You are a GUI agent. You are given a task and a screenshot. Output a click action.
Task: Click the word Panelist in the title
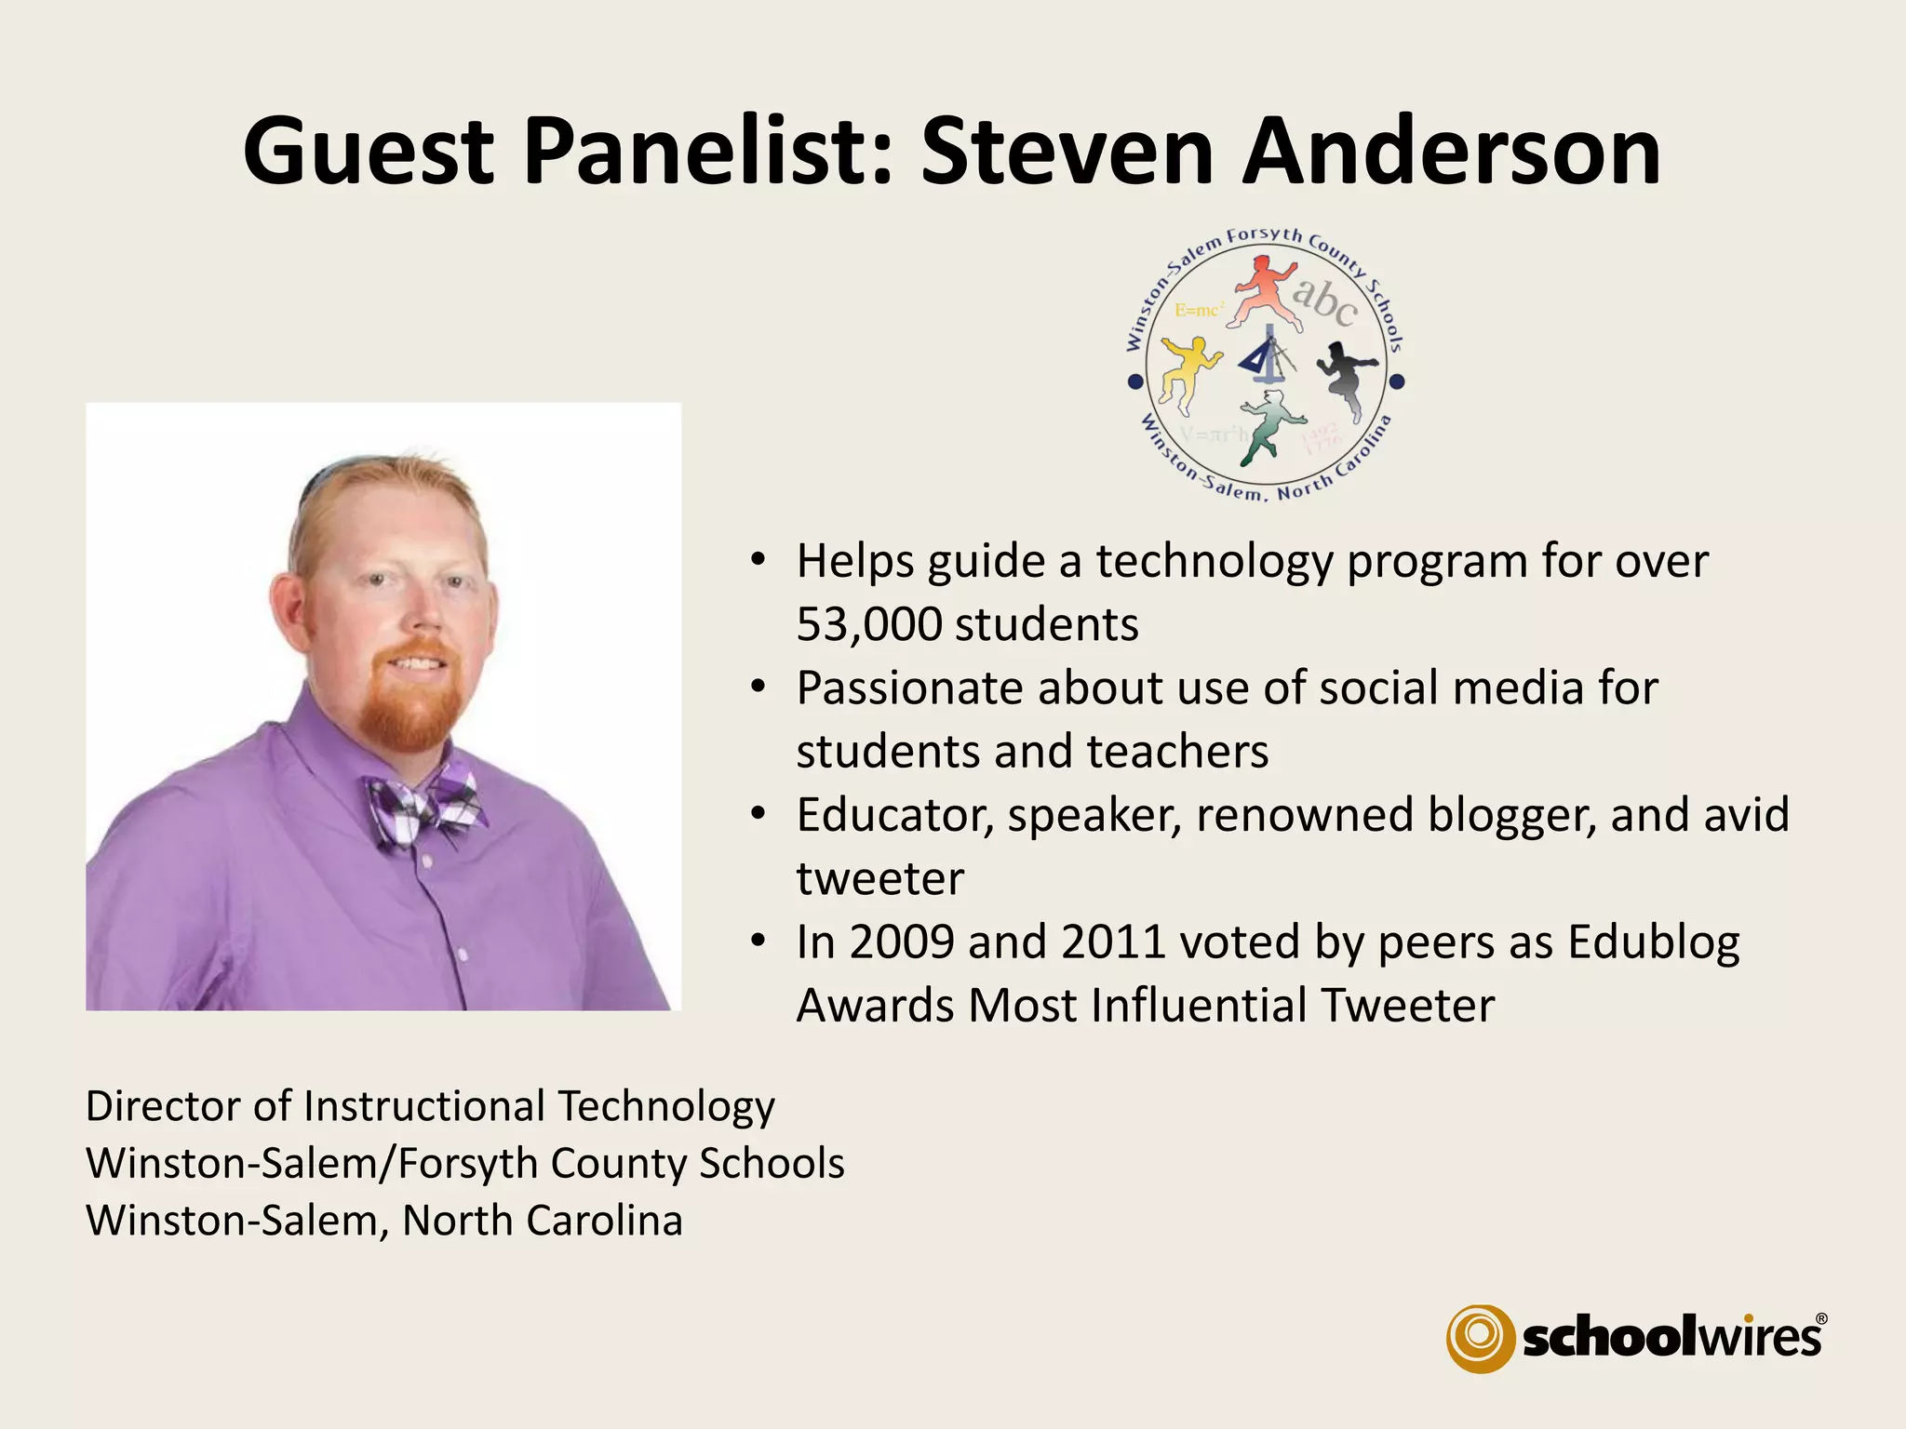pyautogui.click(x=705, y=151)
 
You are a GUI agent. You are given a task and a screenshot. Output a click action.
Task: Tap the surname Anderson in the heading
pyautogui.click(x=1451, y=151)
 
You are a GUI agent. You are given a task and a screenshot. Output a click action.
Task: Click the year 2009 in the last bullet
pyautogui.click(x=901, y=942)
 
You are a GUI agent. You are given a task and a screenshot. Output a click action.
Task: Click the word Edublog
pyautogui.click(x=1653, y=943)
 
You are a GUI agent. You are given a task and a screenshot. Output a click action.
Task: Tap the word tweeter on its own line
pyautogui.click(x=879, y=879)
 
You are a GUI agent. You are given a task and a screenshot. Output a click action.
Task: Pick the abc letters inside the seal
pyautogui.click(x=1324, y=300)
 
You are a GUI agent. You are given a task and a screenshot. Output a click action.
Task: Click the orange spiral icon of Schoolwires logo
pyautogui.click(x=1479, y=1338)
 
